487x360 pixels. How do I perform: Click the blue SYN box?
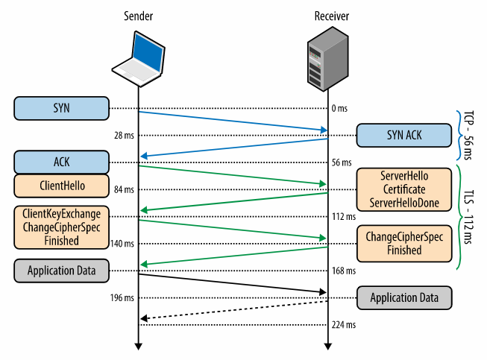61,109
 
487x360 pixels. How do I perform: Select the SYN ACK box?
403,136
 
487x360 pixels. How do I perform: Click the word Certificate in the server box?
403,189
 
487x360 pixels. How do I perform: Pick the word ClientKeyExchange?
61,215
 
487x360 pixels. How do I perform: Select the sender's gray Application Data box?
61,270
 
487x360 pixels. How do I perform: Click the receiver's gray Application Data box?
403,297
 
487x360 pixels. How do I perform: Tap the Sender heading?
138,16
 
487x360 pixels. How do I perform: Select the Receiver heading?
327,16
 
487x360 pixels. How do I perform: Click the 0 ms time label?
340,109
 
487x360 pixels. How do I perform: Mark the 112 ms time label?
342,216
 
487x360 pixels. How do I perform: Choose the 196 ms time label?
122,297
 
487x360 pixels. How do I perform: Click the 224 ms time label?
342,325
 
